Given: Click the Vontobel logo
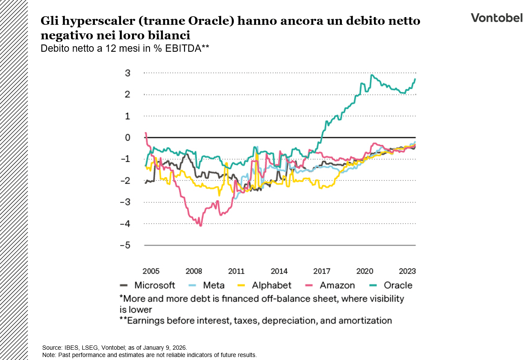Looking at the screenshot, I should pyautogui.click(x=497, y=18).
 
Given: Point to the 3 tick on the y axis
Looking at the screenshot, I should pyautogui.click(x=127, y=73).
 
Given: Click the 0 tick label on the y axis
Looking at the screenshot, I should pyautogui.click(x=127, y=138).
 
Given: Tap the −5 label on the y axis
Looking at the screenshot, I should pyautogui.click(x=125, y=245).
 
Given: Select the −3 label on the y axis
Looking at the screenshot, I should pyautogui.click(x=125, y=202).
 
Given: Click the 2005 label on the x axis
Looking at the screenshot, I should pyautogui.click(x=151, y=271).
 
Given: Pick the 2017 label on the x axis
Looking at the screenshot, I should pyautogui.click(x=322, y=271).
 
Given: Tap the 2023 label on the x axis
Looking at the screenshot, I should pyautogui.click(x=407, y=271).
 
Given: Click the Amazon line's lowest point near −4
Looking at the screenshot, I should pyautogui.click(x=200, y=225).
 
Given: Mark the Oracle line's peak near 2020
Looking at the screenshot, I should pyautogui.click(x=372, y=75).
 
